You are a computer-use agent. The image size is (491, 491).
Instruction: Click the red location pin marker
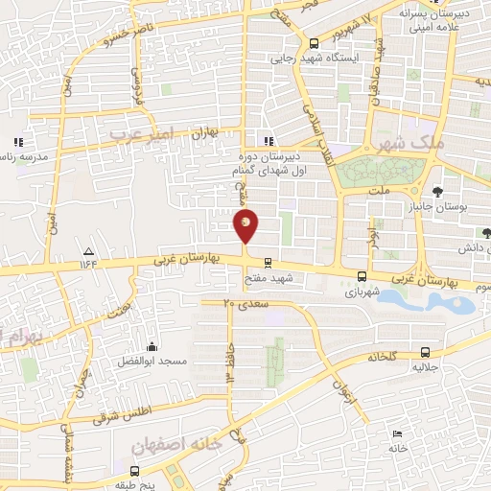coord(245,227)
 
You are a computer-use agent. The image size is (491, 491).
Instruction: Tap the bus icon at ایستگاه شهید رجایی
coord(314,42)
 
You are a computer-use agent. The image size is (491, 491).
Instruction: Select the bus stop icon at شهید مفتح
coord(268,262)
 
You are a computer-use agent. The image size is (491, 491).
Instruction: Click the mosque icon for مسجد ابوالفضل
coord(151,346)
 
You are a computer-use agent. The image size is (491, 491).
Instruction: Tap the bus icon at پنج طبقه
coord(133,471)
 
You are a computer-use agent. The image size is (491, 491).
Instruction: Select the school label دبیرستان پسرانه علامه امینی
coord(448,21)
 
